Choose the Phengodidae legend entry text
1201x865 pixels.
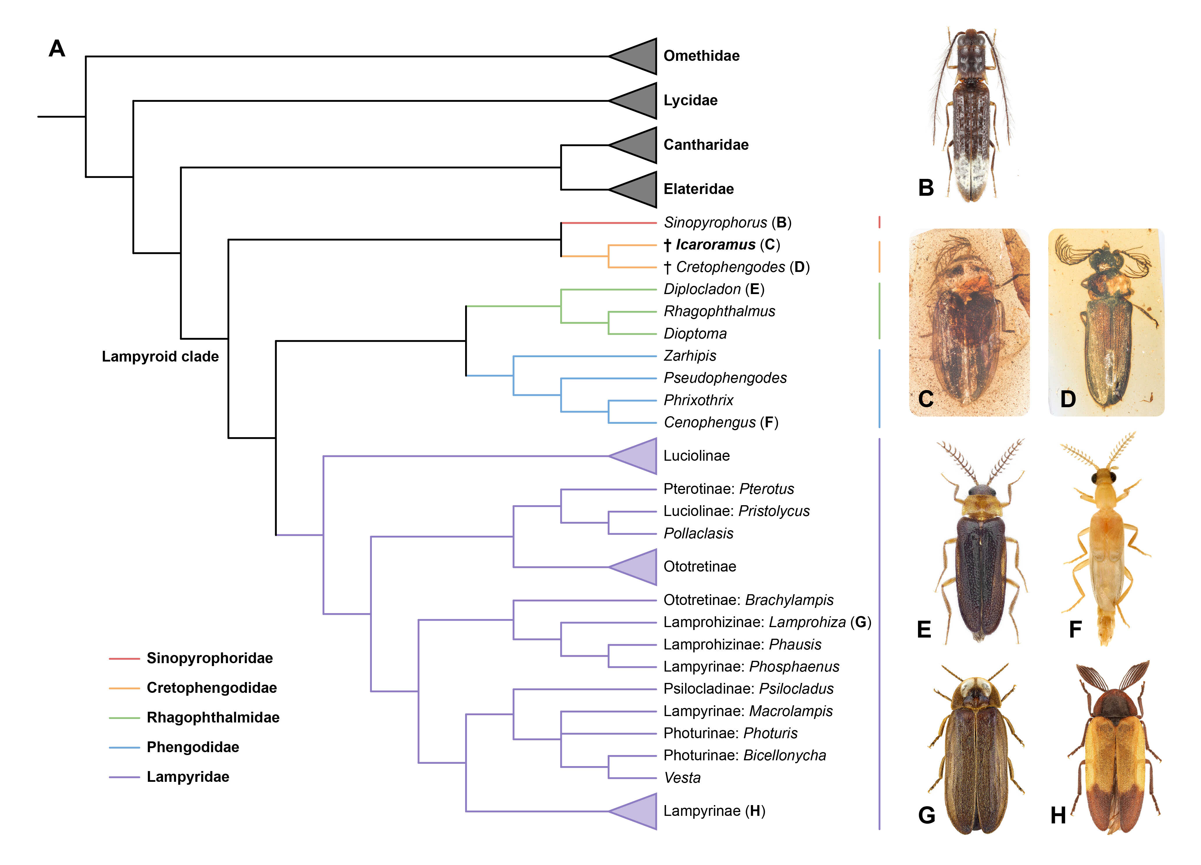pos(193,747)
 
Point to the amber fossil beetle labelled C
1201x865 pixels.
pos(969,322)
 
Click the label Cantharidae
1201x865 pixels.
pos(706,145)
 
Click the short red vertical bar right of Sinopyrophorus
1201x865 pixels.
pos(880,222)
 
